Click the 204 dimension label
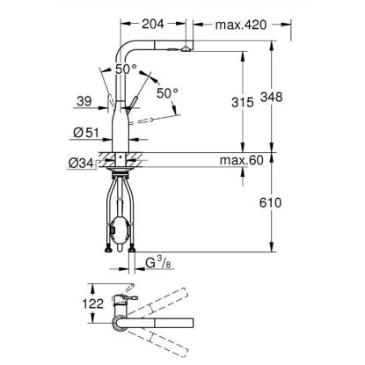[153, 24]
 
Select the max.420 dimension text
[241, 25]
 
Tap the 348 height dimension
[272, 97]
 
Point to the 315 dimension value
[243, 102]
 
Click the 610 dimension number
[270, 202]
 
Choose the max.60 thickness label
[242, 160]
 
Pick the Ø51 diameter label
[86, 133]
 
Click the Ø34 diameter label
[81, 164]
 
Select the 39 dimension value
[84, 101]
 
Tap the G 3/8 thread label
[158, 263]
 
